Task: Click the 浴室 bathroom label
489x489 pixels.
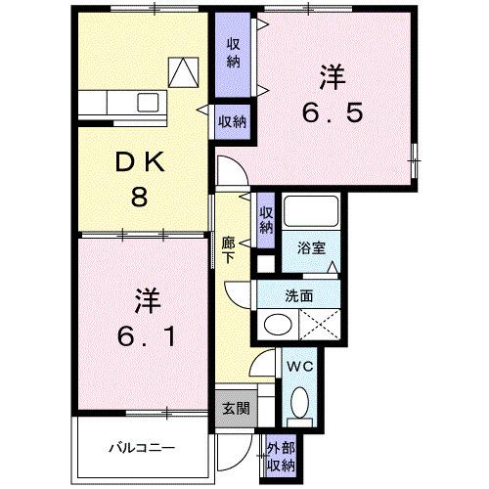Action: point(311,249)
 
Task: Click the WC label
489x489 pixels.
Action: point(300,368)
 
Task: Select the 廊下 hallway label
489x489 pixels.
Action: point(227,249)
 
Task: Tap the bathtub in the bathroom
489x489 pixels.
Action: point(311,212)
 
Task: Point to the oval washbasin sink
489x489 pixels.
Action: point(277,325)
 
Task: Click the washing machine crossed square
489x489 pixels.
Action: point(320,324)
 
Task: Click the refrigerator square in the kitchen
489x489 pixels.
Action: point(183,71)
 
